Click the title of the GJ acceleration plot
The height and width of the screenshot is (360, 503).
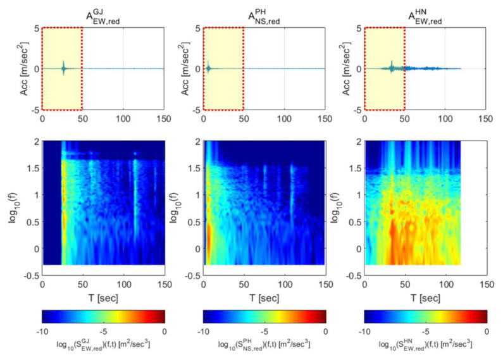(x=102, y=14)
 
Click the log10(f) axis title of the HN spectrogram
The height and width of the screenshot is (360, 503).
(x=333, y=209)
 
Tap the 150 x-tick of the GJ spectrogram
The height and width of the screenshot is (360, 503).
(x=163, y=285)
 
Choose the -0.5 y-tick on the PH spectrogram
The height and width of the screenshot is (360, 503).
(x=192, y=276)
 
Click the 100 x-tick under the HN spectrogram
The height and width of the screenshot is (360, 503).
(x=445, y=285)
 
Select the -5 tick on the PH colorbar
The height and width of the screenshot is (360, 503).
(x=264, y=330)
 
